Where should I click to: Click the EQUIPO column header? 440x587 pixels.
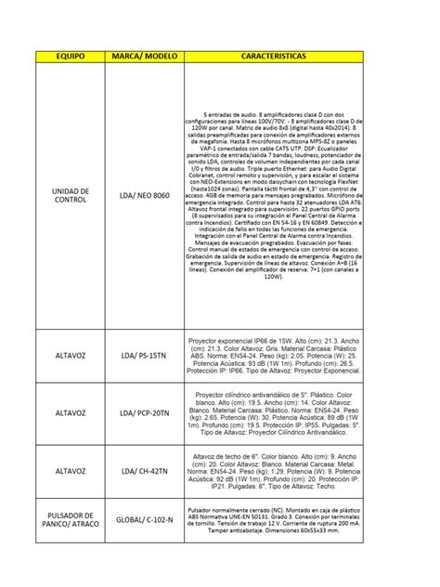(71, 58)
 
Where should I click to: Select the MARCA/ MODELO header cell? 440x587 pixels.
(145, 58)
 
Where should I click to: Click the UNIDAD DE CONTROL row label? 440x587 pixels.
(71, 196)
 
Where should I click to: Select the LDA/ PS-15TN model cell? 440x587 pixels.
(145, 356)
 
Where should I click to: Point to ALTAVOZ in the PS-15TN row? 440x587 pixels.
(71, 356)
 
